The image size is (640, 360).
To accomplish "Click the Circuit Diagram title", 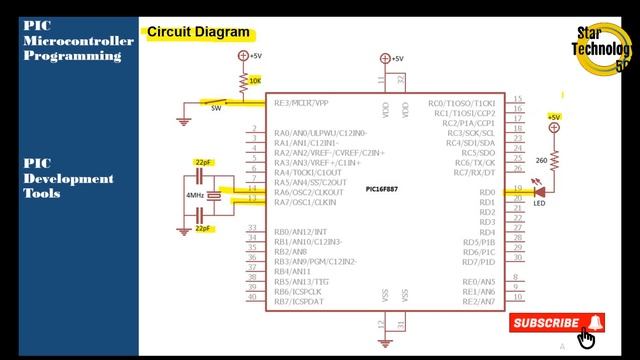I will (198, 32).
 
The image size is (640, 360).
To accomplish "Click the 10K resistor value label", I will (255, 80).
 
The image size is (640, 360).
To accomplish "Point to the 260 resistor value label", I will (541, 160).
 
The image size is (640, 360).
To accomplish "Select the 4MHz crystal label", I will (196, 196).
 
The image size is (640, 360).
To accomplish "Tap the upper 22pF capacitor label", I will (204, 162).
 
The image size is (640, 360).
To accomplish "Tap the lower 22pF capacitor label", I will (204, 229).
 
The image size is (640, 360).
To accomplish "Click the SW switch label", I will (215, 109).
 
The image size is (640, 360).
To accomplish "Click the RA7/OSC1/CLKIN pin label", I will (306, 202).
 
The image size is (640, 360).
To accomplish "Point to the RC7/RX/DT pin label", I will (475, 172).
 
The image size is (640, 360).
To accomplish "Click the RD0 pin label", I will (487, 192).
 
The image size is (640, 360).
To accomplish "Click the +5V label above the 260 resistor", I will (553, 117).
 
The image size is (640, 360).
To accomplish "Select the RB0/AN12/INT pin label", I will (300, 232).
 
